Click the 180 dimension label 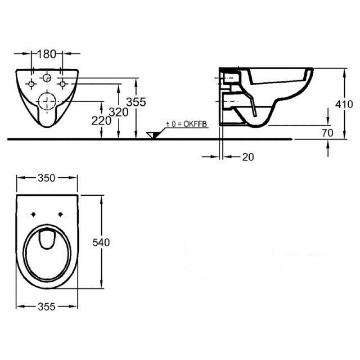(x=46, y=54)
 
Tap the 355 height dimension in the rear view (x=136, y=102)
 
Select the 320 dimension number (x=119, y=112)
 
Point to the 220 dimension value (x=101, y=121)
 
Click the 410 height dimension (x=344, y=104)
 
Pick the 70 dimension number (x=328, y=133)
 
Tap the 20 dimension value (x=248, y=157)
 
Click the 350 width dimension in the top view (x=47, y=178)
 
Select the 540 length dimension (x=101, y=243)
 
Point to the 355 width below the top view (x=47, y=307)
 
